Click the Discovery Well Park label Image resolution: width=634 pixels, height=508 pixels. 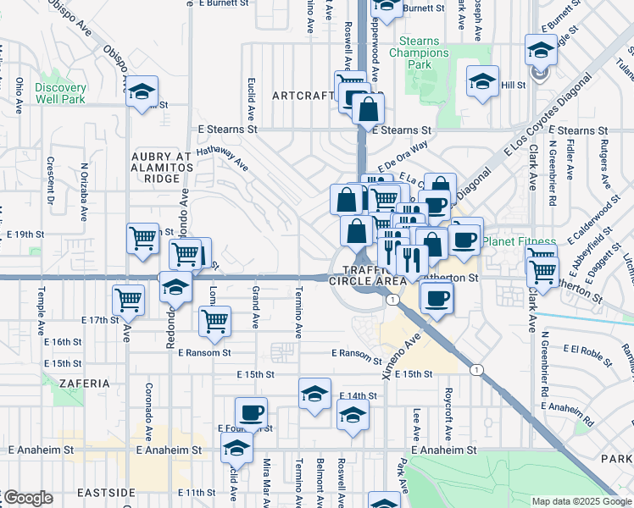tap(61, 93)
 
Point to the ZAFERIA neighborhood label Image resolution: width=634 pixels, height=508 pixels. tap(85, 384)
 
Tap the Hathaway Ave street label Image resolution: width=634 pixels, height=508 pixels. tap(222, 157)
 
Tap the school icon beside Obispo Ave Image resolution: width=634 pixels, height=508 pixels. tap(142, 91)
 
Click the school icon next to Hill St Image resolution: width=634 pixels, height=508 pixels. tap(482, 82)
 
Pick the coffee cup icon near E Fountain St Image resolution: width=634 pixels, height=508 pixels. tap(251, 413)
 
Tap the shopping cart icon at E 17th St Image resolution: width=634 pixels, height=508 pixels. tap(129, 298)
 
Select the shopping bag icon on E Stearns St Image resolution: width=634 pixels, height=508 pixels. tap(369, 109)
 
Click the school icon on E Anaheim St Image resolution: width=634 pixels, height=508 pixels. tap(237, 447)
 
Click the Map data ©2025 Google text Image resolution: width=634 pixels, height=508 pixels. tap(581, 501)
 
